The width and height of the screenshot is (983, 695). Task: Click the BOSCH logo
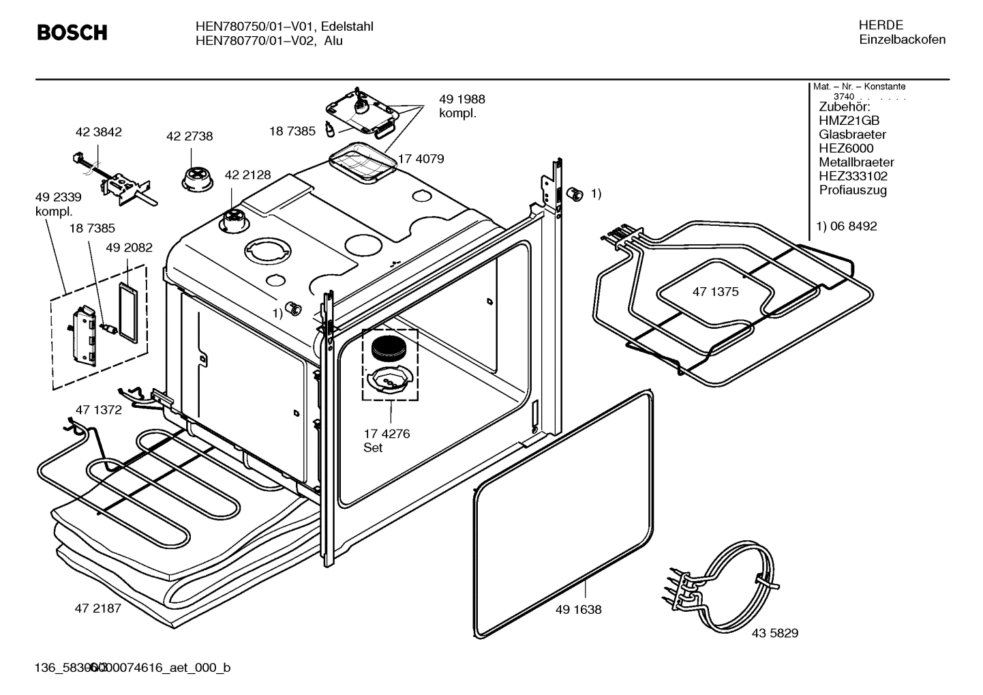72,32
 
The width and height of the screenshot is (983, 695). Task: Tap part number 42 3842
98,132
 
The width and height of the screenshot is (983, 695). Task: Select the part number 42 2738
190,136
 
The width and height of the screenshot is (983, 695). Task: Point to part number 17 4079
421,159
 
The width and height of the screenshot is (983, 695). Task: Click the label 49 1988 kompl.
462,106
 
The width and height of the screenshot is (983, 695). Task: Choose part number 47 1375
715,292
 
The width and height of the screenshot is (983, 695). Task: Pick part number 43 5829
775,633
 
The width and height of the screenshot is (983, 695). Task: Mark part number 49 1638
578,610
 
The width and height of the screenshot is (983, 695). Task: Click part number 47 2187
97,608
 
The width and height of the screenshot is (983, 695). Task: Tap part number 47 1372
98,410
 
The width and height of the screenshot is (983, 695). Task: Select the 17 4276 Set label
387,441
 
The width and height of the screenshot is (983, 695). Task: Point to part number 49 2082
129,248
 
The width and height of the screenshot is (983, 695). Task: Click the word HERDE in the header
880,25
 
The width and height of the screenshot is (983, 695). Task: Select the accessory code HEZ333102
853,176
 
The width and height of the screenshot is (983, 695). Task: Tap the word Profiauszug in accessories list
853,190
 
